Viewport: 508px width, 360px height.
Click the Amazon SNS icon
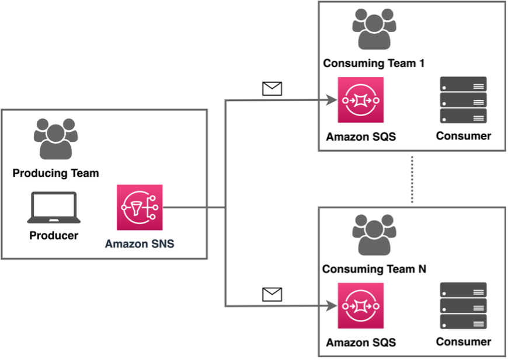click(140, 207)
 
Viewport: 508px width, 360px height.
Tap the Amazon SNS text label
click(140, 243)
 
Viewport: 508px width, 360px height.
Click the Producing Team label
click(55, 173)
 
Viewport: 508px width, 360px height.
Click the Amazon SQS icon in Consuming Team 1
click(360, 100)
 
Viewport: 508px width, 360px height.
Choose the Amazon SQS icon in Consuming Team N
click(360, 305)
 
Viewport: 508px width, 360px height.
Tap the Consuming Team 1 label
click(374, 63)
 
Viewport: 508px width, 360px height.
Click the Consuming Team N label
click(374, 269)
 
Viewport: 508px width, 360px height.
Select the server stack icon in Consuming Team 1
click(463, 100)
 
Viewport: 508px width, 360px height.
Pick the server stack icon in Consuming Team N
click(463, 306)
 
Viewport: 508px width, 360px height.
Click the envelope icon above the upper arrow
click(272, 89)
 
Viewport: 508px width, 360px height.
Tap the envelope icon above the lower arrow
click(272, 294)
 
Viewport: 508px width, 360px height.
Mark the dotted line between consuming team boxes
click(412, 179)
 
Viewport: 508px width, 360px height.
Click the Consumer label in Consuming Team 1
click(463, 136)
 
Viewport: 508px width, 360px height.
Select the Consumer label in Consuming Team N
click(463, 342)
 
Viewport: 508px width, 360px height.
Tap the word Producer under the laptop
click(53, 236)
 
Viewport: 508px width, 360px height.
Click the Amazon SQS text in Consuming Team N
click(360, 342)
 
